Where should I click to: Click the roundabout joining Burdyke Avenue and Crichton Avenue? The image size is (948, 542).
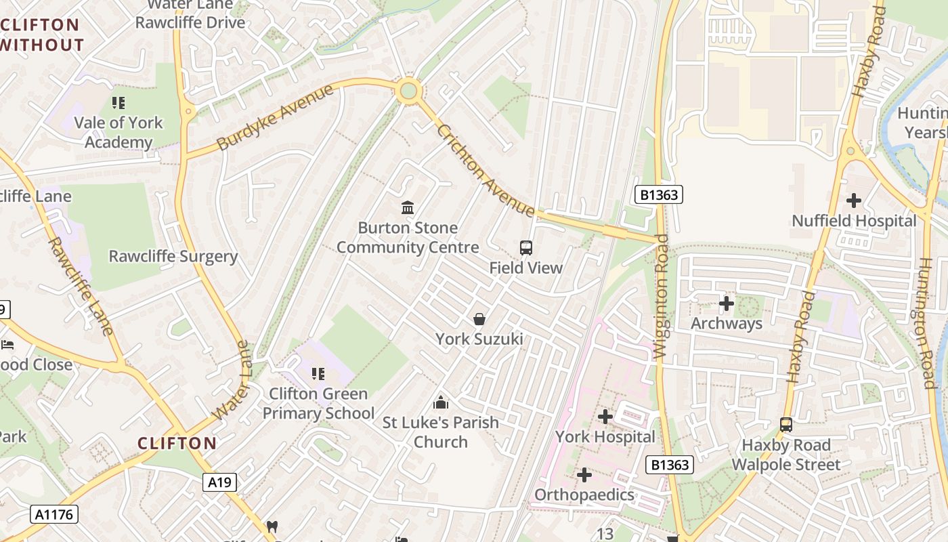[x=408, y=90]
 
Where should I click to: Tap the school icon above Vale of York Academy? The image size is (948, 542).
[x=118, y=103]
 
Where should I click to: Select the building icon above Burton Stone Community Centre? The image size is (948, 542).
[x=408, y=207]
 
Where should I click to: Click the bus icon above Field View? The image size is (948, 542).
[x=526, y=248]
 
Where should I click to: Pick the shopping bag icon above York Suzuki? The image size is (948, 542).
[x=479, y=318]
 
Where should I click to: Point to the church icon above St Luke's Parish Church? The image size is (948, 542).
[x=441, y=402]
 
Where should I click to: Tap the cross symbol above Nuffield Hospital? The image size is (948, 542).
[x=854, y=201]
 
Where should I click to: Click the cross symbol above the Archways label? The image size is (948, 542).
[x=727, y=304]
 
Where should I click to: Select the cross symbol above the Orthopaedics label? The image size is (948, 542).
[x=584, y=475]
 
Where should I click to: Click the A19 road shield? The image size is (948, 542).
[x=219, y=482]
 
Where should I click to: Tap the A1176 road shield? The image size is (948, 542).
[x=54, y=514]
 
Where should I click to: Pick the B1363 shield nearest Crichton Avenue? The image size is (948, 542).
[x=658, y=195]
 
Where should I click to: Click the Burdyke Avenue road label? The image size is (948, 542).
[x=276, y=117]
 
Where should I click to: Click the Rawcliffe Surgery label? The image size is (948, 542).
[x=173, y=257]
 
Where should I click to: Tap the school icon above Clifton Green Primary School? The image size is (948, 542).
[x=318, y=373]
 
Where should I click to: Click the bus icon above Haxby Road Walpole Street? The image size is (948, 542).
[x=786, y=425]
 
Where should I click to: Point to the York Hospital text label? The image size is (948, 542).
[x=605, y=437]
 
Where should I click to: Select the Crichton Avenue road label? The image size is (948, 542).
[x=486, y=171]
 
